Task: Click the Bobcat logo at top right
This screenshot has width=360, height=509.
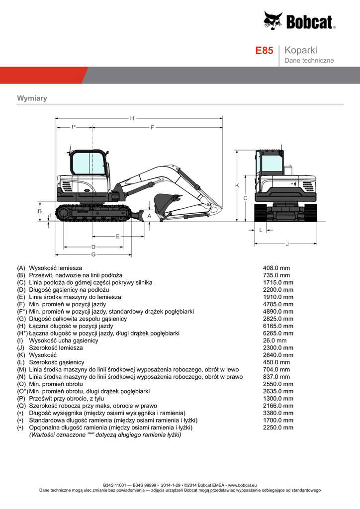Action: point(299,21)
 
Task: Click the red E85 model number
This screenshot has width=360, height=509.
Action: point(264,51)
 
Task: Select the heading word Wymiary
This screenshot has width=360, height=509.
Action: point(32,98)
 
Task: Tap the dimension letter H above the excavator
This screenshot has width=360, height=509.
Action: point(132,118)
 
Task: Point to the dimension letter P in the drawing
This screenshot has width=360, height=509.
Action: point(74,127)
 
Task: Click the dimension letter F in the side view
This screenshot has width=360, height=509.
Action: point(152,127)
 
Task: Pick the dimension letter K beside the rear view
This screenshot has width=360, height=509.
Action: point(237,185)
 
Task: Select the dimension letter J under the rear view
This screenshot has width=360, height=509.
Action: point(287,244)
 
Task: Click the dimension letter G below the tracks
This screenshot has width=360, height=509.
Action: point(93,254)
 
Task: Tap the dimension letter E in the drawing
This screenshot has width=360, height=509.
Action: point(118,236)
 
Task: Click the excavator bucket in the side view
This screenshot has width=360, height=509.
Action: point(164,201)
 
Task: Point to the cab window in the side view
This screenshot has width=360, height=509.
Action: point(88,163)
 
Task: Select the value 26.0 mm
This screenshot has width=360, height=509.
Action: point(274,340)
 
